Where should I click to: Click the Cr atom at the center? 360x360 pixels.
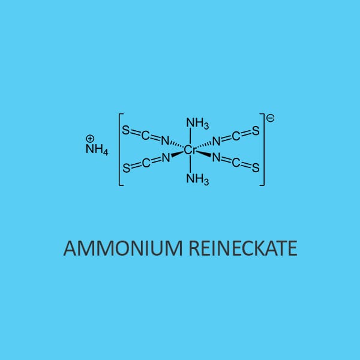point(190,150)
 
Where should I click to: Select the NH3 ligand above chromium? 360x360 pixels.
point(197,123)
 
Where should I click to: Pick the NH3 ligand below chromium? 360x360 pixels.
point(197,179)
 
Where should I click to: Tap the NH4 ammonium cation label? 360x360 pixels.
point(97,149)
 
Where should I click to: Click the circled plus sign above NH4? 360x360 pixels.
point(90,139)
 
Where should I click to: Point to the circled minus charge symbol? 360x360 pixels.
point(270,118)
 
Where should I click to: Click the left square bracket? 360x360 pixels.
point(121,149)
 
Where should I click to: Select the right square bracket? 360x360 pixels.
point(262,149)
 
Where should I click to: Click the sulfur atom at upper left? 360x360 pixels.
point(126,130)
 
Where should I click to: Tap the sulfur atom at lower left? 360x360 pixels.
point(126,168)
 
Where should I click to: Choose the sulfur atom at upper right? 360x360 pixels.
point(256,131)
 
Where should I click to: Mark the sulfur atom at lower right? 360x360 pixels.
point(256,167)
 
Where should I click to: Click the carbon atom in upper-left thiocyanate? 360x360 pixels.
point(145,136)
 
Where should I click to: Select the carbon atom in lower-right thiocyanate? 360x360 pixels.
point(236,163)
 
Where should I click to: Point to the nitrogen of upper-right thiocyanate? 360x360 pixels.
point(216,141)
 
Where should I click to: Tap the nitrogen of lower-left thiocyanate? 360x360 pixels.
point(166,158)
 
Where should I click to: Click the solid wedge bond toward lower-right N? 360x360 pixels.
point(203,154)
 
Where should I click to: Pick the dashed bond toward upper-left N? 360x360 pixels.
point(177,145)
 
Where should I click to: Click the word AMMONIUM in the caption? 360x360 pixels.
point(123,248)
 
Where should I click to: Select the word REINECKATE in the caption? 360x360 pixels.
point(243,248)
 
